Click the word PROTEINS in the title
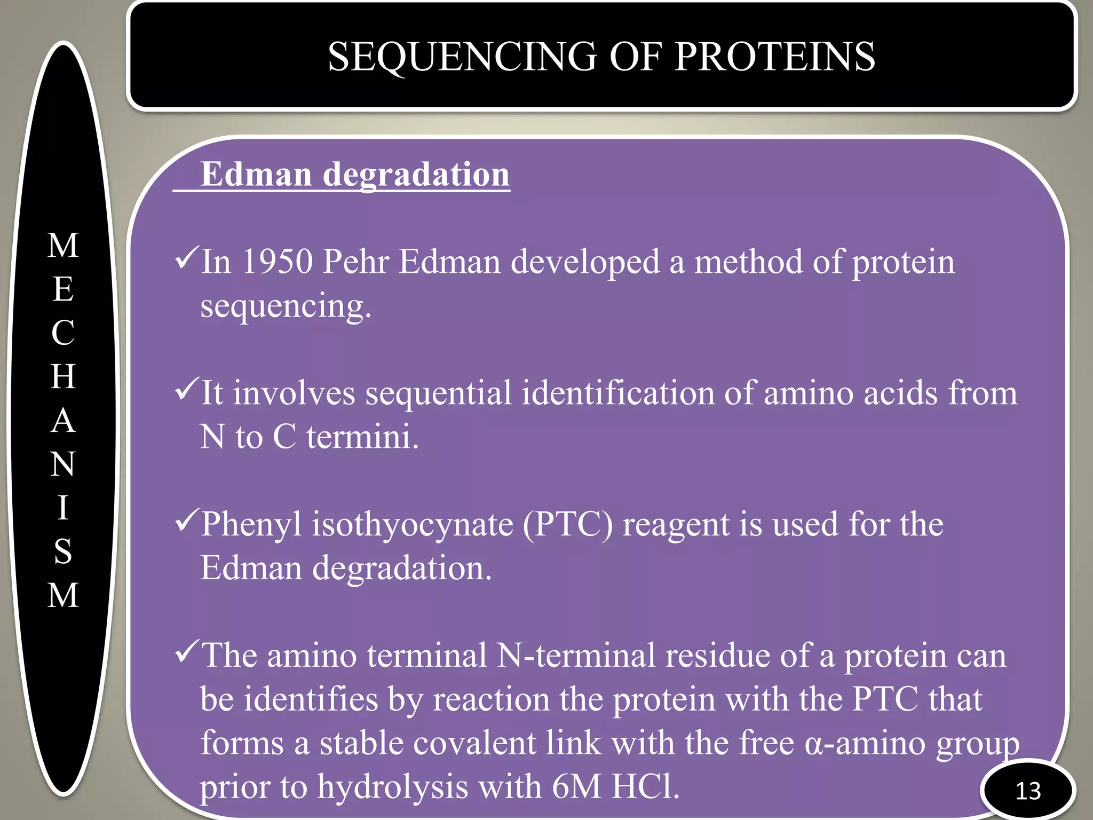[774, 57]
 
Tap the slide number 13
[1028, 791]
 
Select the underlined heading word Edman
[256, 175]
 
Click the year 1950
[277, 262]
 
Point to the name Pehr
[356, 262]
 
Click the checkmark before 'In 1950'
[187, 258]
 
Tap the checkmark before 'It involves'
[187, 389]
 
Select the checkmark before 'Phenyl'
[187, 521]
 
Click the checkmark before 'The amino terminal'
[187, 652]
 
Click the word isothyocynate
[413, 524]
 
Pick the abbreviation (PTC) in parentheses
[568, 524]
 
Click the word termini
[362, 437]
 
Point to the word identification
[617, 393]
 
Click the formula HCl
[645, 786]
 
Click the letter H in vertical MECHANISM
[64, 377]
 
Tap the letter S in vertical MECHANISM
[64, 551]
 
